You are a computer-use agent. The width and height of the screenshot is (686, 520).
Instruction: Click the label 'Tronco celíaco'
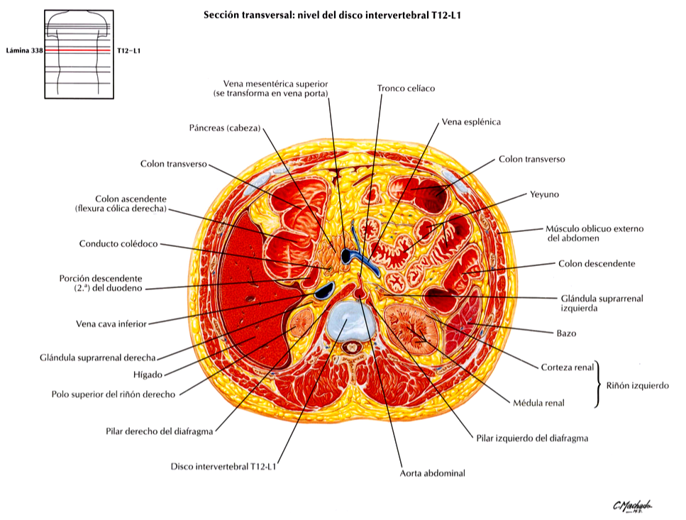tap(406, 89)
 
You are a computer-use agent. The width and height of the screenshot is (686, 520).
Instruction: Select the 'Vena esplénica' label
tap(471, 122)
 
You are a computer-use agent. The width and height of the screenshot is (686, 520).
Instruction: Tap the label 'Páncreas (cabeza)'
tap(224, 128)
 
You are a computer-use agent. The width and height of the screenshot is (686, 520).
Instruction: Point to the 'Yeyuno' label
tap(544, 194)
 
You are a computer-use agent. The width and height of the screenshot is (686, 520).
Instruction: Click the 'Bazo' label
tap(566, 333)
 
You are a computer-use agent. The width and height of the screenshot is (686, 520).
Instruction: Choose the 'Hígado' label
tap(148, 375)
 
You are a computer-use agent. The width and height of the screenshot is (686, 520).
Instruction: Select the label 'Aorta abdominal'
tap(432, 473)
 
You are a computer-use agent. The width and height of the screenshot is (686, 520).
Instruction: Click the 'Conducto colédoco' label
tap(118, 244)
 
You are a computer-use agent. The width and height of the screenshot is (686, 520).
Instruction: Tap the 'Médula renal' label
tap(538, 403)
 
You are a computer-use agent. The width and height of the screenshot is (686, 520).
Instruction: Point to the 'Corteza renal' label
tap(568, 367)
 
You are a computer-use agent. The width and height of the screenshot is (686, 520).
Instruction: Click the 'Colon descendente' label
tap(597, 264)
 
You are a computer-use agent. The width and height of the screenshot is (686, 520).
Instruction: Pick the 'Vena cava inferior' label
tap(111, 324)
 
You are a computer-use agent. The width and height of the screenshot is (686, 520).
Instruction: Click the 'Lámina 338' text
tap(25, 51)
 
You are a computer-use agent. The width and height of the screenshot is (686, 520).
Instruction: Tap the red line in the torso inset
tap(78, 51)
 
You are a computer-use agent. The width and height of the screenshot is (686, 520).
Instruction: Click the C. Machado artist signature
tap(633, 506)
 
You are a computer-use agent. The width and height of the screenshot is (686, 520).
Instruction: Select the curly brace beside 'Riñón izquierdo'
tap(597, 385)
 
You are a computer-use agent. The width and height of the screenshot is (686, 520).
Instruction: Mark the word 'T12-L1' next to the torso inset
tap(128, 51)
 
